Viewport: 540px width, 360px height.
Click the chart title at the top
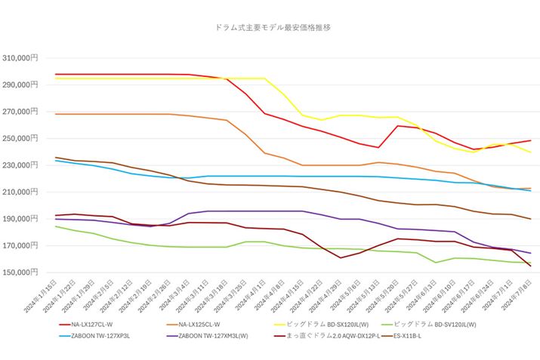pyautogui.click(x=273, y=27)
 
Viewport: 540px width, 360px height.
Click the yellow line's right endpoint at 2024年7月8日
pyautogui.click(x=530, y=152)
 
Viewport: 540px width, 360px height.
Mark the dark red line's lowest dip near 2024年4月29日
pyautogui.click(x=341, y=258)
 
